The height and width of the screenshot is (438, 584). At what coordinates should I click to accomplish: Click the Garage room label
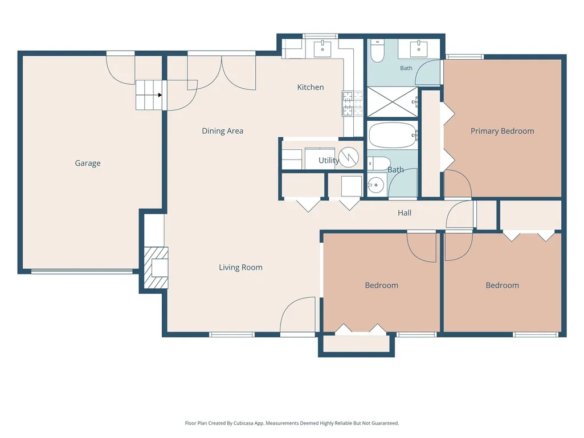[x=88, y=163]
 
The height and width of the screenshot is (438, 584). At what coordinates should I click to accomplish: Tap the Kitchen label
[x=311, y=87]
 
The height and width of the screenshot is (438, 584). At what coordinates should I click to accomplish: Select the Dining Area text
[x=222, y=131]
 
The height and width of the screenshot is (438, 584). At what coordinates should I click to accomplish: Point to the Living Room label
[x=240, y=268]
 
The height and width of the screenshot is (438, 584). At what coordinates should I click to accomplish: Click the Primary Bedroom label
[x=502, y=131]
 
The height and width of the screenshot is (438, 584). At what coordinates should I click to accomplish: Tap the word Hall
[x=405, y=212]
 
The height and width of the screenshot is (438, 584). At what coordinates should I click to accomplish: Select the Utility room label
[x=329, y=161]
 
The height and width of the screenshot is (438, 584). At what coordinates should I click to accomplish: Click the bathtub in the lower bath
[x=393, y=135]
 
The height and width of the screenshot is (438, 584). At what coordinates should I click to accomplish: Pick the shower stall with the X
[x=393, y=102]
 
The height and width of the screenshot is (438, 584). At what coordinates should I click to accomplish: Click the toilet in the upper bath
[x=377, y=51]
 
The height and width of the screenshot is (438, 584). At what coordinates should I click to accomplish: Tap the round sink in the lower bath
[x=376, y=185]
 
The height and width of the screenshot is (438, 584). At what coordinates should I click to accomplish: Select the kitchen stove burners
[x=352, y=104]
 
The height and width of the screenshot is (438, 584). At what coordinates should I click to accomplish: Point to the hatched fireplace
[x=157, y=268]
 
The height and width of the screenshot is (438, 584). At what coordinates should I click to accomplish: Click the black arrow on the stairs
[x=160, y=95]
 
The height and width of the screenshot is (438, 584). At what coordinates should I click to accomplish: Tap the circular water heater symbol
[x=349, y=157]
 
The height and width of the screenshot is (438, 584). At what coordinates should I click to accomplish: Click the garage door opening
[x=82, y=271]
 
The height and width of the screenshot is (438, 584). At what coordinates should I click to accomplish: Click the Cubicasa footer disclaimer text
[x=292, y=423]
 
